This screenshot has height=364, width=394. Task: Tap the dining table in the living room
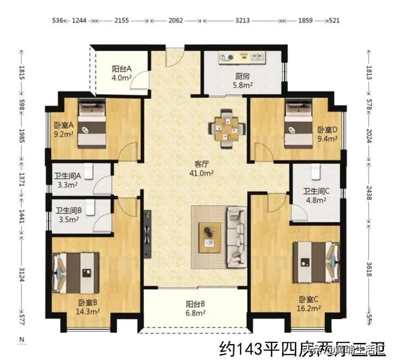click(x=225, y=127)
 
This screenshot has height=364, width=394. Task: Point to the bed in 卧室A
click(x=91, y=124)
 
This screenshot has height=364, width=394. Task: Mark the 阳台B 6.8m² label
click(x=196, y=308)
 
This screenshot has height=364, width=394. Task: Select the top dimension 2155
click(x=121, y=21)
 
